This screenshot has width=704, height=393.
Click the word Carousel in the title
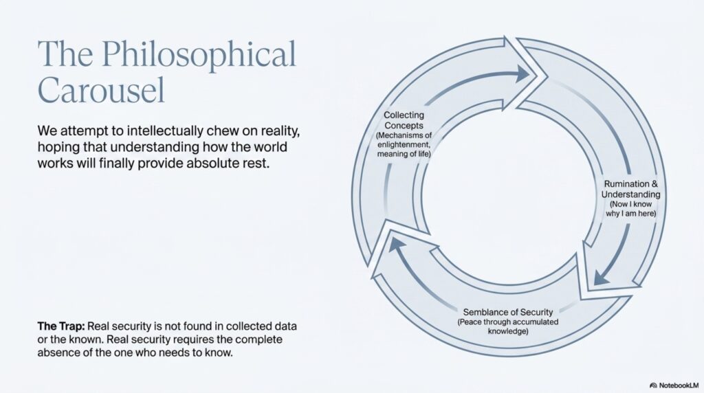[x=102, y=90]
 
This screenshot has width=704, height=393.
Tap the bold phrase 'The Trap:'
[x=61, y=326]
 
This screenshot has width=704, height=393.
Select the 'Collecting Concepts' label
[x=404, y=120]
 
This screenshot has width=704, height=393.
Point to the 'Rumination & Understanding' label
[x=631, y=189]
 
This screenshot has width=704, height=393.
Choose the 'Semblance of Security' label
[x=508, y=312]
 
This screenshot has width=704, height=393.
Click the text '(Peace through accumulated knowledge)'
[x=508, y=326]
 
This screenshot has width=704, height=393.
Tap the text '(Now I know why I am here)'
[x=631, y=209]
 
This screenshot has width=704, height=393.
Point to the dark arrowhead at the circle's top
[x=523, y=73]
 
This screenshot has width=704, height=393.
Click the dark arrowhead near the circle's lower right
[x=601, y=278]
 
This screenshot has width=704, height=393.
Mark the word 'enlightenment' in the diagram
[x=404, y=144]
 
